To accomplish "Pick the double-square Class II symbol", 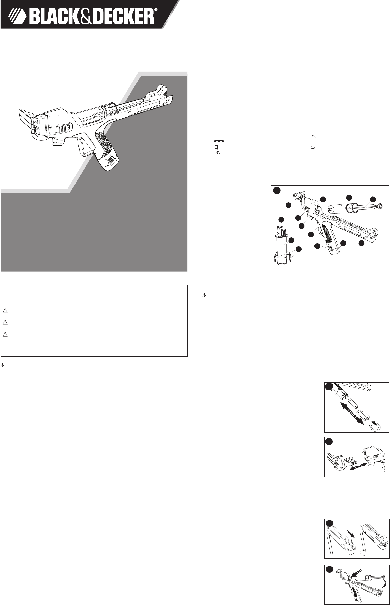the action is click(x=217, y=147).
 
